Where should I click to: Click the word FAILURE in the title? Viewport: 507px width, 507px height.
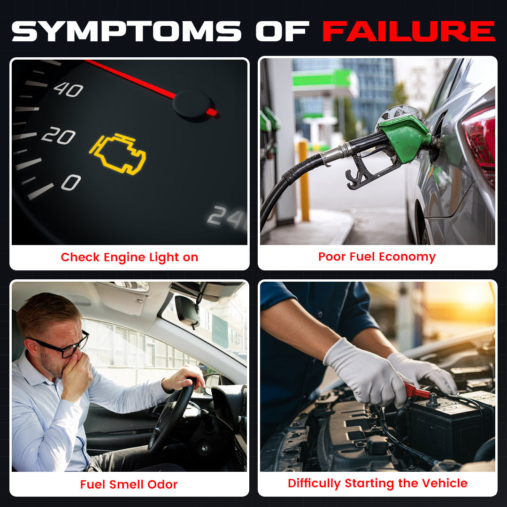click(x=409, y=31)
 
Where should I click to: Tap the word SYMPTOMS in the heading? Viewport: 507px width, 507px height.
click(x=126, y=31)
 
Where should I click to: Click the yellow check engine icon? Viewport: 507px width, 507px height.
click(x=118, y=154)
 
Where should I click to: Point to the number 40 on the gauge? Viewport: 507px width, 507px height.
click(x=68, y=90)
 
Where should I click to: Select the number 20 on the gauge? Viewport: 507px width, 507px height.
click(x=59, y=135)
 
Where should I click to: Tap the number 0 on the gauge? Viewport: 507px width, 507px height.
click(x=71, y=182)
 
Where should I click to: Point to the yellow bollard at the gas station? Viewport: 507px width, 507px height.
click(x=304, y=180)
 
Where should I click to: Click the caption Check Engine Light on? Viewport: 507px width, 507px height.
click(x=130, y=257)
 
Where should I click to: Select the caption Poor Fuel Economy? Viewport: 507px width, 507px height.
click(x=377, y=257)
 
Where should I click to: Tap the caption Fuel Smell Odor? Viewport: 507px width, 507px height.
click(x=129, y=484)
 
